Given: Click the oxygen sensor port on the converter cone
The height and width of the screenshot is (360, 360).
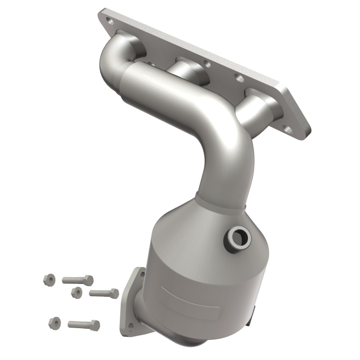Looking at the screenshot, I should coord(237,236).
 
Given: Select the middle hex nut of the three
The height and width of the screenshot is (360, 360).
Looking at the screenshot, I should coord(76,292).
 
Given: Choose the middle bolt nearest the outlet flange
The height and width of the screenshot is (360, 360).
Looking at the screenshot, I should coord(104,293).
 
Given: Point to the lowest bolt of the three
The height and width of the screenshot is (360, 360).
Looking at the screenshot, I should coord(84,324).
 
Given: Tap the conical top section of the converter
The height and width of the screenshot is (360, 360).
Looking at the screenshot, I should coord(198,225).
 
